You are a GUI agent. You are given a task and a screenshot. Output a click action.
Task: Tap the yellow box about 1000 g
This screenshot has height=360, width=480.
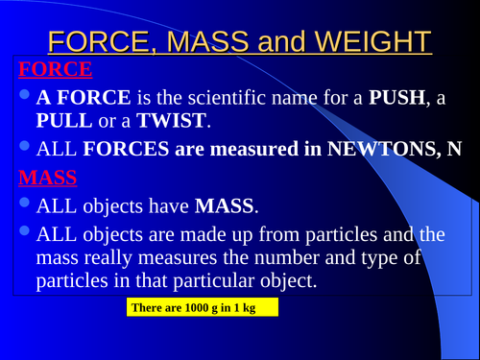202,307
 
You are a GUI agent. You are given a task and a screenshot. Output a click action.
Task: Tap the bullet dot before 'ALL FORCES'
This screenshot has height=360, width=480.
25,147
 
